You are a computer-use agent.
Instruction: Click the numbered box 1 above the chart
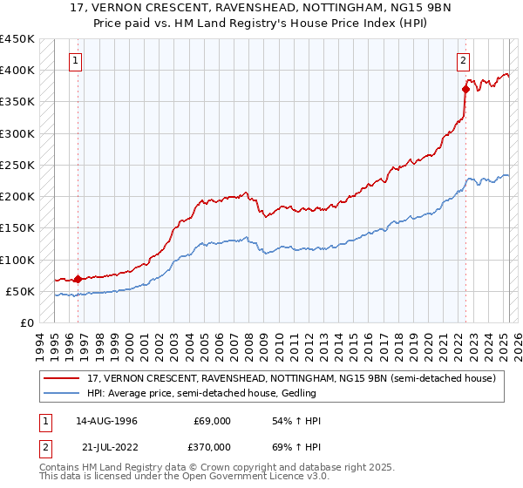click(77, 61)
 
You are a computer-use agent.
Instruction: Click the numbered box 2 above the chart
click(463, 61)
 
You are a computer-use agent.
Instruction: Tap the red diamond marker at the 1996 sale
click(78, 280)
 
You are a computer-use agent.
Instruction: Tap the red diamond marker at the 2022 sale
click(466, 89)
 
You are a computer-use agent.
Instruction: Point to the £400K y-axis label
click(17, 71)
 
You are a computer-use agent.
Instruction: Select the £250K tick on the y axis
click(17, 165)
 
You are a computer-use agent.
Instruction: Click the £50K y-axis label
click(20, 291)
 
